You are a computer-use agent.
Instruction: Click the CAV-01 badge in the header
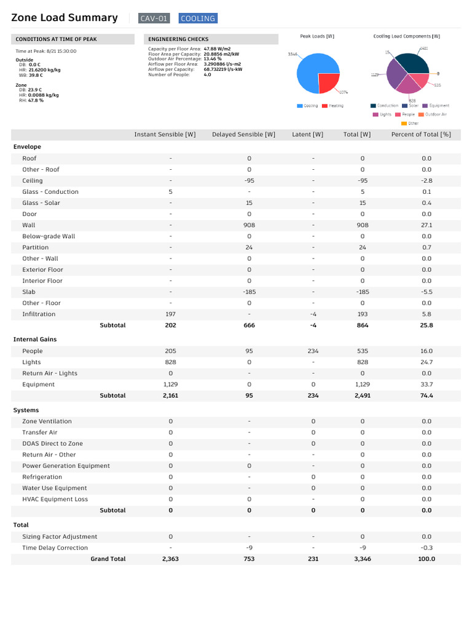coord(154,18)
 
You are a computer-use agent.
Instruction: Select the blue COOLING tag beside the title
coord(198,18)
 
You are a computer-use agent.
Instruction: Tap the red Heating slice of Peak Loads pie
coord(329,82)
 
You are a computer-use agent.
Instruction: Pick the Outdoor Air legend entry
coord(436,114)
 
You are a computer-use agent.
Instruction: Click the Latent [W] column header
coord(307,134)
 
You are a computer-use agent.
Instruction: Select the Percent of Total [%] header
coord(421,134)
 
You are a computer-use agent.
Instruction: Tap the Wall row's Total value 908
coord(362,225)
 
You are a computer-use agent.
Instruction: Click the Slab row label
coord(29,292)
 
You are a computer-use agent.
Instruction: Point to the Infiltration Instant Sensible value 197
coord(170,314)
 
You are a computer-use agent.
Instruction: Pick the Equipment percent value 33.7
coord(427,385)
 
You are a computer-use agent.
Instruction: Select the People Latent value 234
coord(313,351)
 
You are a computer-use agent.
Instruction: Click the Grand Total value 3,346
coord(362,559)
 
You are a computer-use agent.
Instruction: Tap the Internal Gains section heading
coord(34,339)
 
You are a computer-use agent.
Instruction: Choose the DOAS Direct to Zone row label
coord(52,444)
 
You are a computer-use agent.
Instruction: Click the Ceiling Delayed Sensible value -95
coord(249,181)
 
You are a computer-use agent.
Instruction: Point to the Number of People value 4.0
coord(207,74)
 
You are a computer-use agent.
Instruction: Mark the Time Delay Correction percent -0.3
coord(427,548)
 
